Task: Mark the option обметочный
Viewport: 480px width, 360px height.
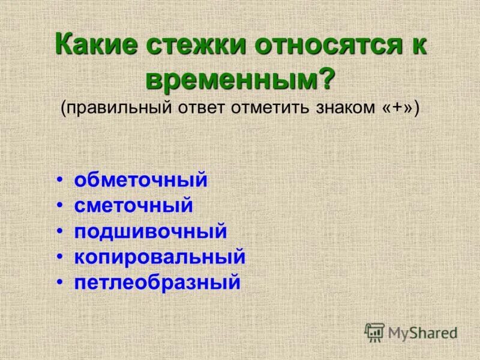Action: pyautogui.click(x=141, y=180)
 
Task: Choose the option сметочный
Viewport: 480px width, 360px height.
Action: pyautogui.click(x=134, y=206)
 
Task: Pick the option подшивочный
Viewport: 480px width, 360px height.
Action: pyautogui.click(x=151, y=231)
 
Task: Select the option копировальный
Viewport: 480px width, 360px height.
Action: pyautogui.click(x=160, y=257)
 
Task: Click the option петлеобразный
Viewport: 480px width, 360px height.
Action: pyautogui.click(x=157, y=282)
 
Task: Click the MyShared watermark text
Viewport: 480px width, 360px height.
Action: pyautogui.click(x=422, y=332)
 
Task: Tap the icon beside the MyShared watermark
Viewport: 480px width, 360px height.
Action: pyautogui.click(x=374, y=332)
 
